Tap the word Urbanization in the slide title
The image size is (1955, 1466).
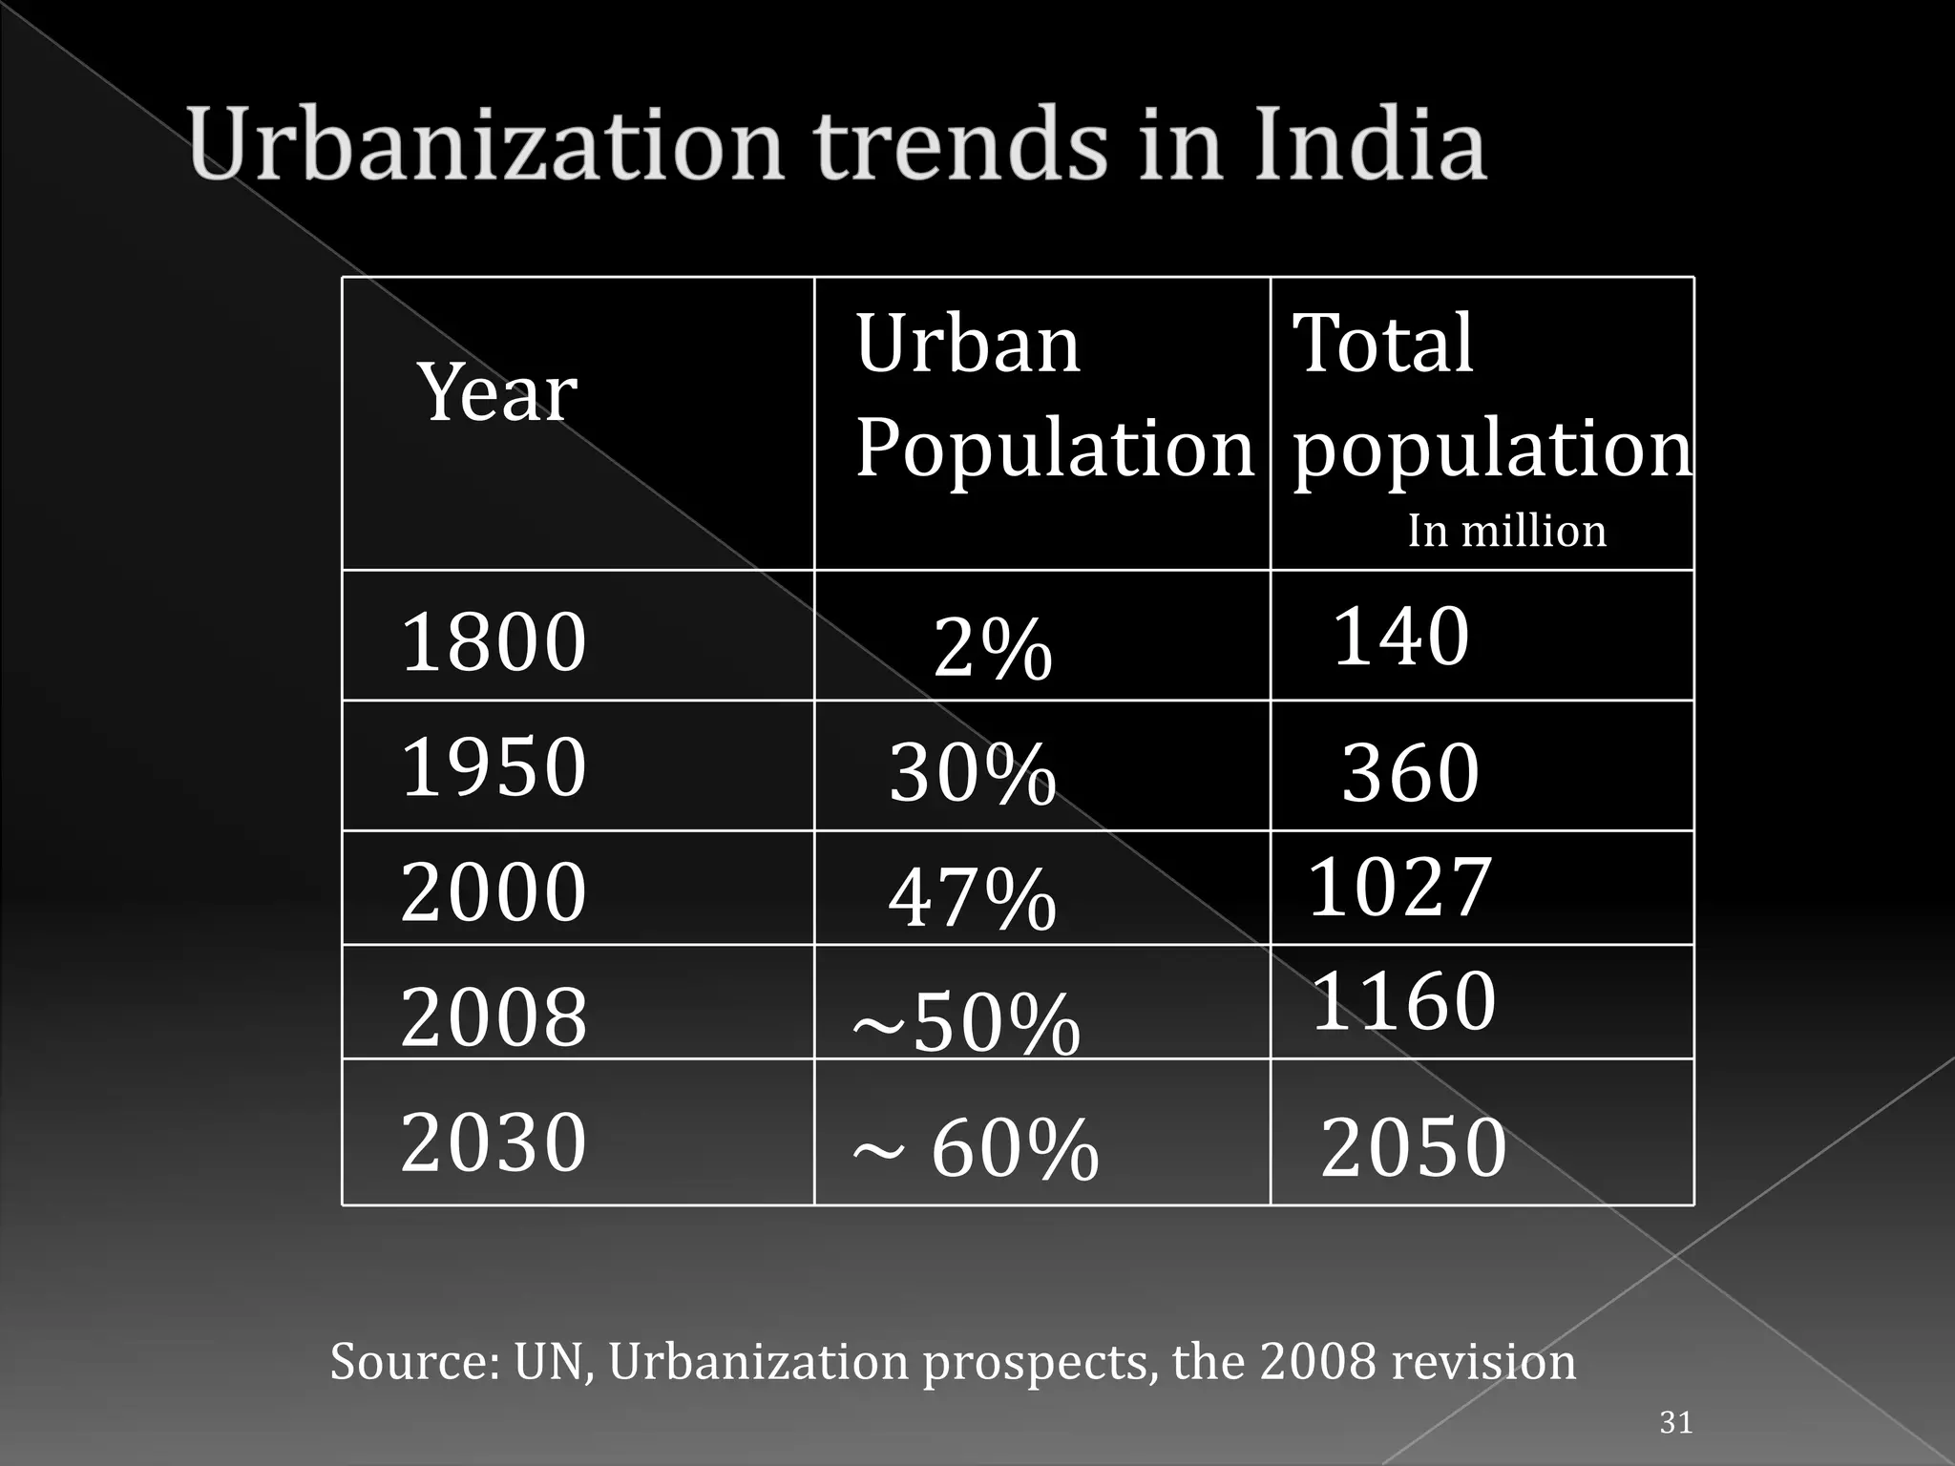[485, 145]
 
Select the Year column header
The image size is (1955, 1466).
[497, 393]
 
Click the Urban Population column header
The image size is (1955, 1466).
[1053, 395]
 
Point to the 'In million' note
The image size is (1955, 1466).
[1506, 532]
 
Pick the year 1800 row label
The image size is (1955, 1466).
[494, 642]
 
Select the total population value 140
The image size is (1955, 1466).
[1400, 637]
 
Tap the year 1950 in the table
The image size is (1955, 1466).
[494, 766]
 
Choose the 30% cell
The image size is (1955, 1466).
[972, 773]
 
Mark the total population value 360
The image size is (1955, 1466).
[1410, 773]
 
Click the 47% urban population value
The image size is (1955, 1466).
[972, 898]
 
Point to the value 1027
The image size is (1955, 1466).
[1398, 887]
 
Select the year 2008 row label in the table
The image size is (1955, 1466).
[494, 1017]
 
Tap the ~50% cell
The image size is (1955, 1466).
[966, 1024]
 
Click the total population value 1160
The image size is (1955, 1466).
[1403, 1001]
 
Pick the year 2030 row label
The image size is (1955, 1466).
[494, 1142]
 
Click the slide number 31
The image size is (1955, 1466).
[1676, 1422]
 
